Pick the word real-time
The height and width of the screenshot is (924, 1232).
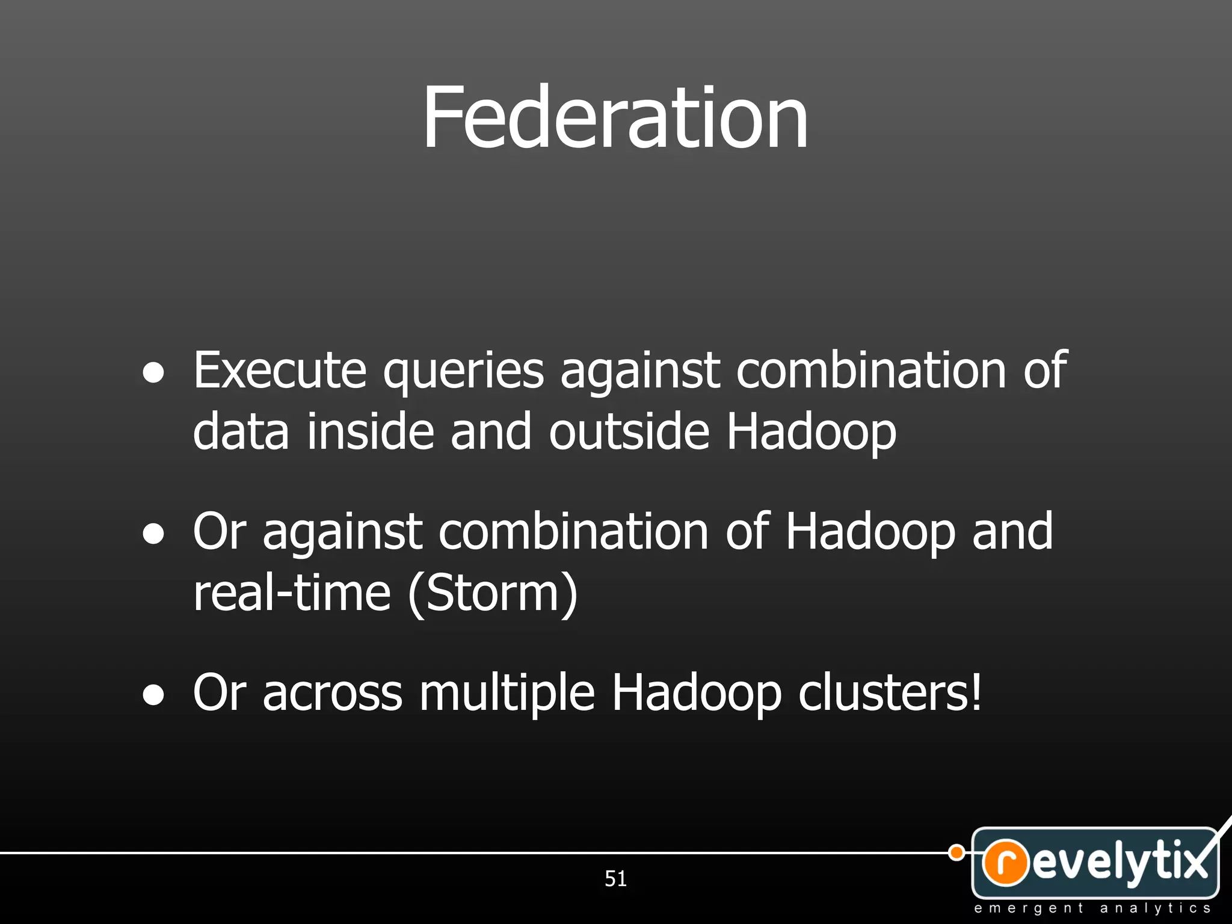[292, 593]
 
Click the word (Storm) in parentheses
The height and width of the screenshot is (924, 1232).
[493, 594]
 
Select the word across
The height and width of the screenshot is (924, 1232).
[333, 693]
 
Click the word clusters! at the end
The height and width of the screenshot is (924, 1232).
[890, 693]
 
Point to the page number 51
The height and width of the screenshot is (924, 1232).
[615, 879]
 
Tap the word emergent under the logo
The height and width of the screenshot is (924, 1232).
[1029, 908]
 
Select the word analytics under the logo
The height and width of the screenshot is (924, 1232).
[1155, 908]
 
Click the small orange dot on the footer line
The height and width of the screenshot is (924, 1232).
[956, 852]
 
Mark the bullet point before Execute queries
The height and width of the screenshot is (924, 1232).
[154, 373]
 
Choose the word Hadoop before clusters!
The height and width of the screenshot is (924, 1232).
[697, 693]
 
